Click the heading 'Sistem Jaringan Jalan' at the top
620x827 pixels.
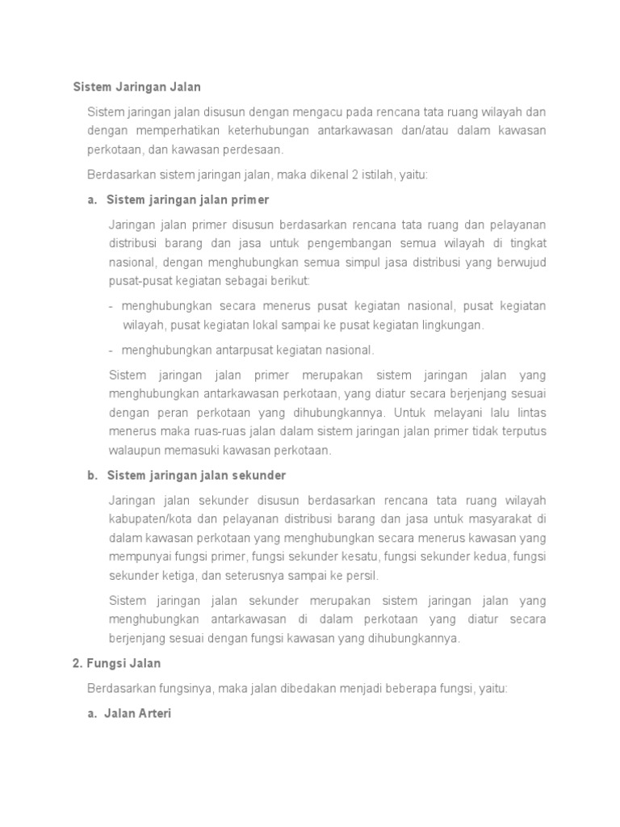136,86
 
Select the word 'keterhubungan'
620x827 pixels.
261,130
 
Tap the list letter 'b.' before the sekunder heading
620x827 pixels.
93,475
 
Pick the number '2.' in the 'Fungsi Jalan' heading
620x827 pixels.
77,663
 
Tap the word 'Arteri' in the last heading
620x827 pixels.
156,714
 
